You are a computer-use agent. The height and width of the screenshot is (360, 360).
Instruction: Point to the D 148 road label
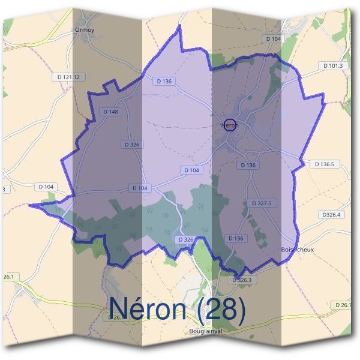110,111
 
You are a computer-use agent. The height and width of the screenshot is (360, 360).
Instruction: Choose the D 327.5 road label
262,203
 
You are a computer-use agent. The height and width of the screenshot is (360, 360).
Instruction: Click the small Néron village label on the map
230,125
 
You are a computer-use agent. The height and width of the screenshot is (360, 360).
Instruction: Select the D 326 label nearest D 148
131,145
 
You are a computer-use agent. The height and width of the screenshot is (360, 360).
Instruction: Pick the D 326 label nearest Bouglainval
186,239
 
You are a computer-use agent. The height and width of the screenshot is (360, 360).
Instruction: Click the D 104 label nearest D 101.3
272,38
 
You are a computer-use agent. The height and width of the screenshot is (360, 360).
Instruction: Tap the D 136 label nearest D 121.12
163,81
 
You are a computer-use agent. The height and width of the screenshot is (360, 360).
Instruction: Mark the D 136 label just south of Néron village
248,165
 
